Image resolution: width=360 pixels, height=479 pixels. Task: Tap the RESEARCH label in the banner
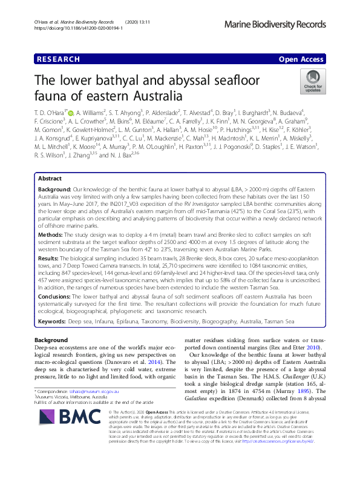click(x=59, y=59)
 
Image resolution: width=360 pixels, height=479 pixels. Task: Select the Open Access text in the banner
click(x=301, y=59)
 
